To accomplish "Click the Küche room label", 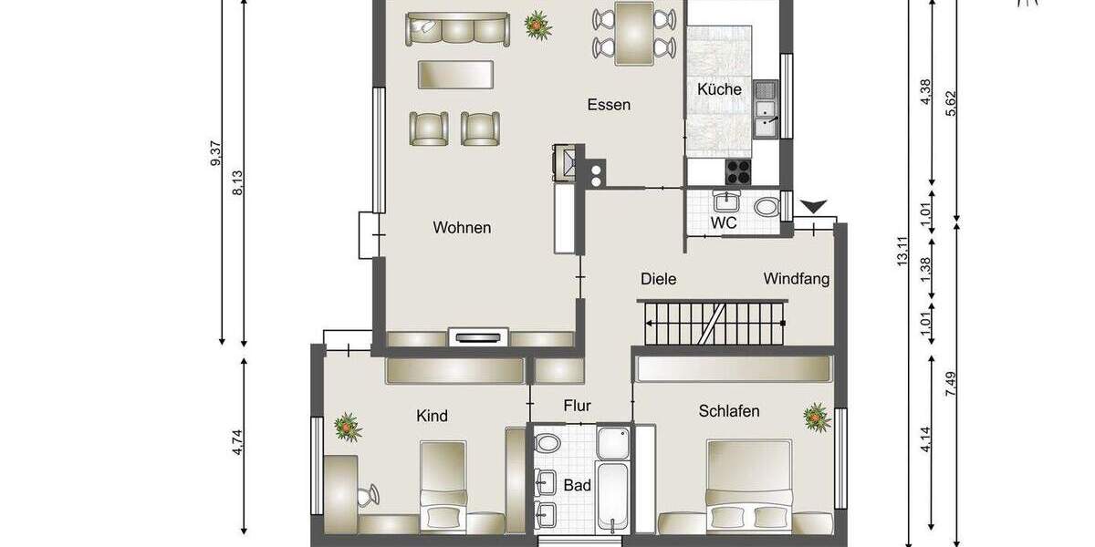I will point(719,89).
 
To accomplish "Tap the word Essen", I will point(609,105).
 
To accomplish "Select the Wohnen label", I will point(462,228).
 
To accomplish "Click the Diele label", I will point(658,279).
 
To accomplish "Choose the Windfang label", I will point(797,279).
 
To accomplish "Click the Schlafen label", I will point(729,411).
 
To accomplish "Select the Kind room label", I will point(432,417).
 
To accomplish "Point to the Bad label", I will point(577,486).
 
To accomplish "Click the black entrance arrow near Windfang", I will point(812,208).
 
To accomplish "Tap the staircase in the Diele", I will point(713,325).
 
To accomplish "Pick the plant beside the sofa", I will point(538,26).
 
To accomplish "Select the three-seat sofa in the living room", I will point(457,29).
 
